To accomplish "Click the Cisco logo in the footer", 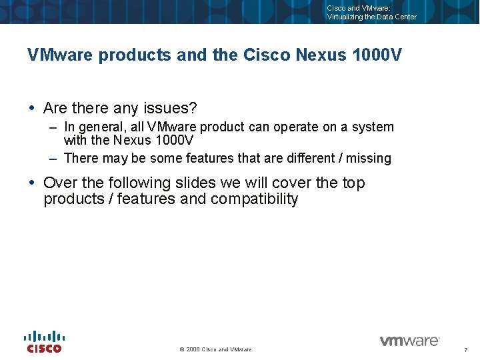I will click(x=45, y=341).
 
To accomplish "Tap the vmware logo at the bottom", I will click(x=409, y=341).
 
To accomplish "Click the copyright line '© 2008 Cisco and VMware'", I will click(x=216, y=349).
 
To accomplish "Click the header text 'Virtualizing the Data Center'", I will click(x=371, y=17).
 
